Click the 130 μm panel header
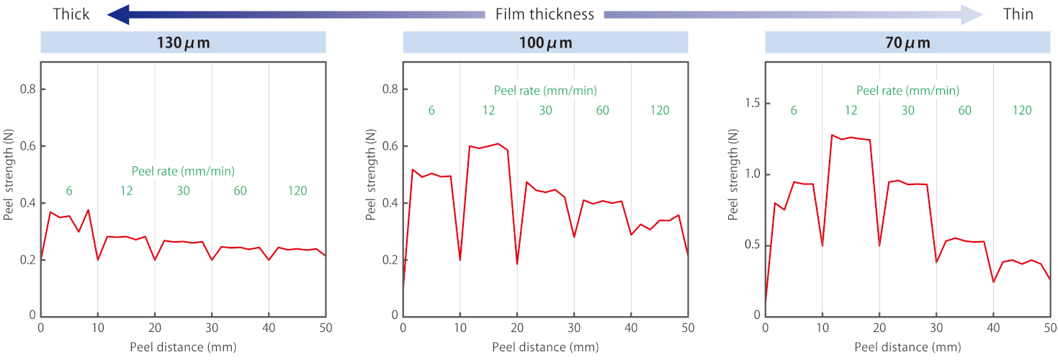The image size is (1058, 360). point(183,42)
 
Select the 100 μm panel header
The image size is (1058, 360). point(545,42)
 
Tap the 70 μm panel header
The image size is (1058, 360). point(907,42)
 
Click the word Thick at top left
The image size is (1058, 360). point(71,14)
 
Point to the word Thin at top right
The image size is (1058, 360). point(1018,14)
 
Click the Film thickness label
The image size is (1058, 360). point(544,14)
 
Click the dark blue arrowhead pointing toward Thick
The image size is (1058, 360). point(118,14)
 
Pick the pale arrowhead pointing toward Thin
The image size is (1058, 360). point(972,14)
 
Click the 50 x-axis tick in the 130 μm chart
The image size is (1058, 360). point(326,328)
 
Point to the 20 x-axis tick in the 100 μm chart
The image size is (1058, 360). point(517,328)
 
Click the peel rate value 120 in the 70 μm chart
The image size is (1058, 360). point(1021,110)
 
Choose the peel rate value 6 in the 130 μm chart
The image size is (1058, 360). point(69,191)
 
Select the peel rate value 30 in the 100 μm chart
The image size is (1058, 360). point(545,110)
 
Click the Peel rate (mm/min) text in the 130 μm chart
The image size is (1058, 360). point(183,171)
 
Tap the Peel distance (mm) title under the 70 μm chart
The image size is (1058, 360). point(907,346)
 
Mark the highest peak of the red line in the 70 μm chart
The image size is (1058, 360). point(832,135)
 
